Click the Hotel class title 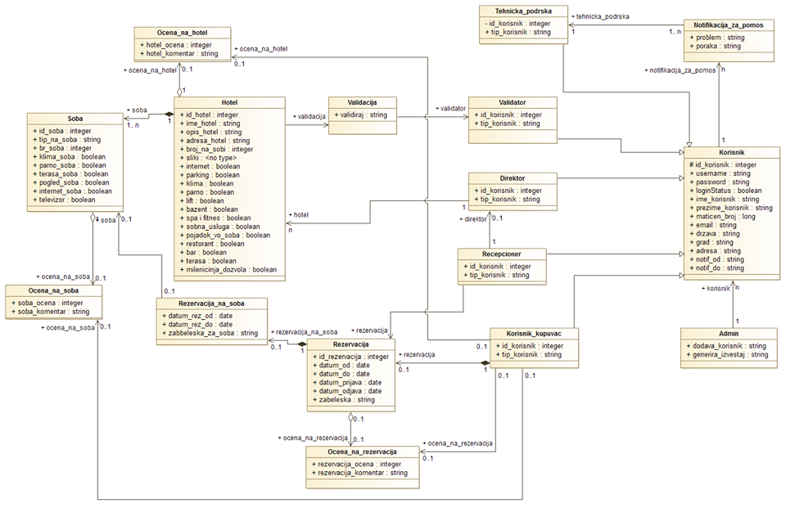click(x=228, y=103)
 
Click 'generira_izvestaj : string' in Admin click(x=729, y=354)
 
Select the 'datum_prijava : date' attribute click(x=350, y=382)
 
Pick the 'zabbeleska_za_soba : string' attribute click(x=212, y=334)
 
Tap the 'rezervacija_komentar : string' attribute click(x=361, y=473)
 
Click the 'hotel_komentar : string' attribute click(x=182, y=53)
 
